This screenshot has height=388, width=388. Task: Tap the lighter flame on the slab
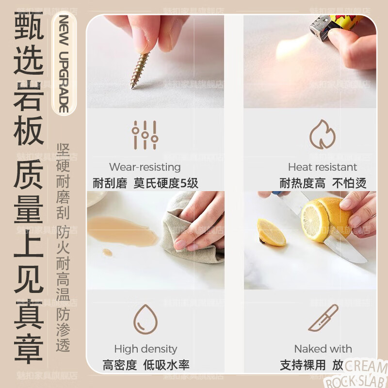point(291,48)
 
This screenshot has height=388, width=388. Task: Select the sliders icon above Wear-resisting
point(145,135)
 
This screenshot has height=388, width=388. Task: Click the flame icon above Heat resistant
point(322,134)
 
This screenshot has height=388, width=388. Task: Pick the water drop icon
point(145,319)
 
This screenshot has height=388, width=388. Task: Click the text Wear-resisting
point(145,167)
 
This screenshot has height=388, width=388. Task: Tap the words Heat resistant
point(322,167)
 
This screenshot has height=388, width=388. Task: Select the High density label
point(145,349)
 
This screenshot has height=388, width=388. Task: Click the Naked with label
point(323,349)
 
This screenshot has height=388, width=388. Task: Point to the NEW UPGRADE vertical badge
point(64,64)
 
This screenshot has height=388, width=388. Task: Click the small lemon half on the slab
point(271,232)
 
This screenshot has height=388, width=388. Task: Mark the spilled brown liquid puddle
point(121,228)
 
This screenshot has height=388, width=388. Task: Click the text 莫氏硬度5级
point(166,183)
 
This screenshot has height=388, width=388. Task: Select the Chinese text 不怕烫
point(349,183)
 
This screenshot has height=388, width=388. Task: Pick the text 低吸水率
point(166,365)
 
